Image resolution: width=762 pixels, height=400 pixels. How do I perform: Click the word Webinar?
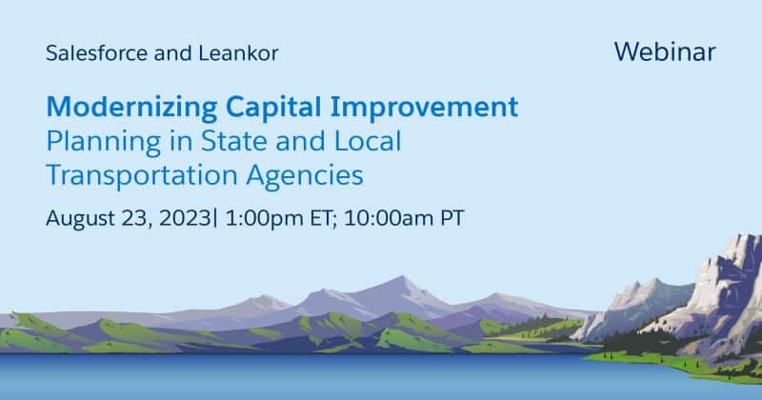pos(664,51)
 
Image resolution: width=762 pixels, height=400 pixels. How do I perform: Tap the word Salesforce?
pos(97,53)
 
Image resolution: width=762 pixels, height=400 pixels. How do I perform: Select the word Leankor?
pos(238,53)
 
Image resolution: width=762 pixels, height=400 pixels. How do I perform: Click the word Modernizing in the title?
pos(131,108)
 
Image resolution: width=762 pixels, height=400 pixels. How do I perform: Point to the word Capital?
pos(273,108)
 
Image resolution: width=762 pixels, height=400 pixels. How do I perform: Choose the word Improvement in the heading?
pos(424,108)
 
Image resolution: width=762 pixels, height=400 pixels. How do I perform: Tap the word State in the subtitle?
pos(233,141)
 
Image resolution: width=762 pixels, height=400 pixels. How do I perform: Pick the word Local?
pos(368,141)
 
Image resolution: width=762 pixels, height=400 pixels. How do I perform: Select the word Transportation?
pos(142,175)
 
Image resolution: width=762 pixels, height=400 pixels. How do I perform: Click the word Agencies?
pos(305,176)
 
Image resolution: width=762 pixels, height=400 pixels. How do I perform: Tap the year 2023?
pos(185,218)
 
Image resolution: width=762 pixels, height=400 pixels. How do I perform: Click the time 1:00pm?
pos(265,218)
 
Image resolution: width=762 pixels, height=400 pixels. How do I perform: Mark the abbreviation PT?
pos(452,218)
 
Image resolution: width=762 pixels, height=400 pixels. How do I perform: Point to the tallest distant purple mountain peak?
pos(401,277)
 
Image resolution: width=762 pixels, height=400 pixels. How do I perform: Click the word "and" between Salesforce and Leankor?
pos(173,53)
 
